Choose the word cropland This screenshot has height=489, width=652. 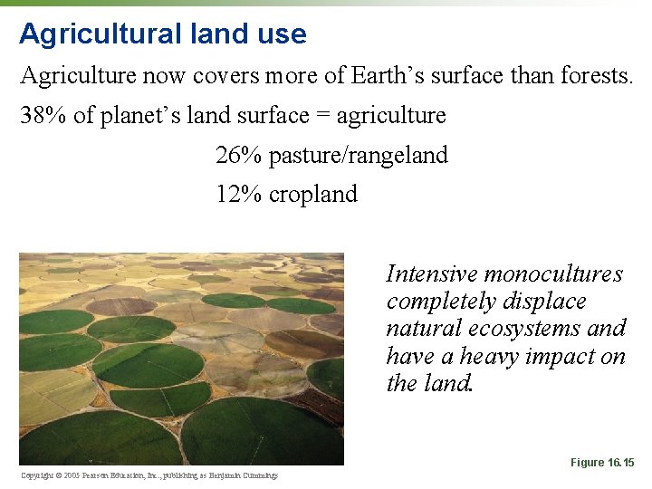(x=313, y=194)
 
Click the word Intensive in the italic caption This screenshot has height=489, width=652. (x=432, y=273)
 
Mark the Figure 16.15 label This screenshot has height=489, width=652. (x=602, y=463)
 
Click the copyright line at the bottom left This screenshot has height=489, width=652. (x=149, y=475)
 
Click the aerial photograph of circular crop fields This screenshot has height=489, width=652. (x=181, y=359)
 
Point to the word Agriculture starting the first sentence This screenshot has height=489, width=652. (x=78, y=76)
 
